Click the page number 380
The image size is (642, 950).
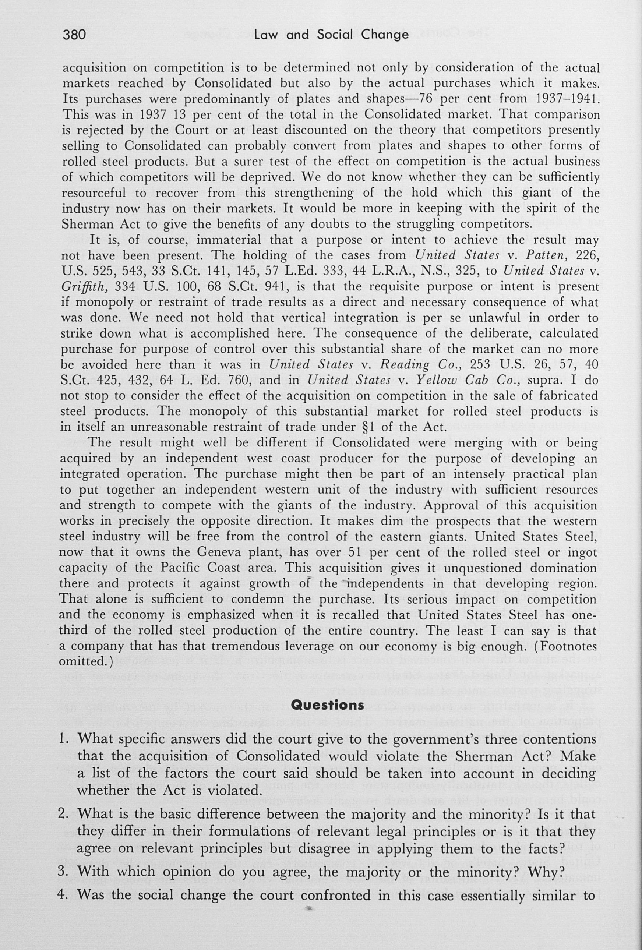(x=74, y=35)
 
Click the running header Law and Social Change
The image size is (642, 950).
(x=331, y=35)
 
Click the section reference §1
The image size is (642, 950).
(x=366, y=427)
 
